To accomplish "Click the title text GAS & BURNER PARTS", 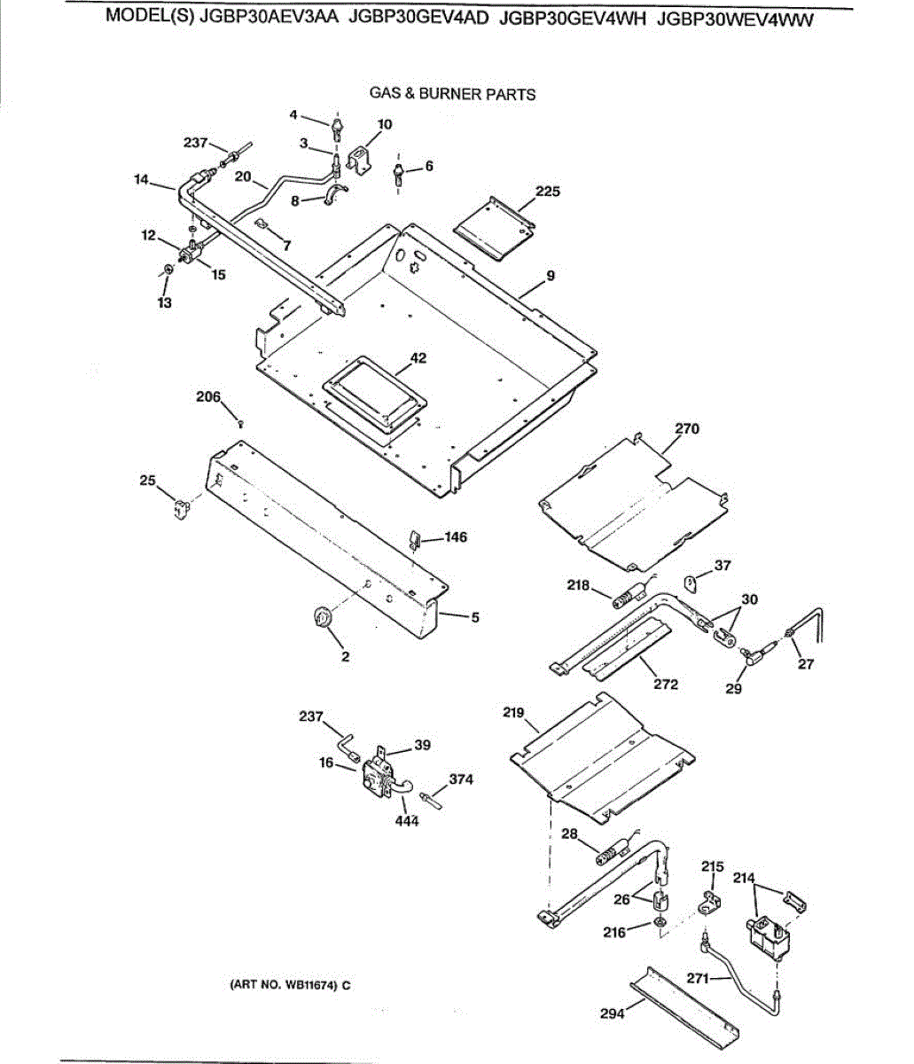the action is click(x=452, y=94).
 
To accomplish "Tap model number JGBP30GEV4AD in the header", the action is click(x=418, y=18).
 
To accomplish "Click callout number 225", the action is click(x=548, y=192).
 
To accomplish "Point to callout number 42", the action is click(x=418, y=357).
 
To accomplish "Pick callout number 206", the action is click(x=208, y=397).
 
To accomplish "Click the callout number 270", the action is click(x=687, y=428).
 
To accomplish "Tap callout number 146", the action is click(x=456, y=537).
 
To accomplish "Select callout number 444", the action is click(x=407, y=821).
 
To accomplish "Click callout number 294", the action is click(x=613, y=1013).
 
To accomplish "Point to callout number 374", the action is click(x=461, y=779).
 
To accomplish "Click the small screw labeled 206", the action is click(x=241, y=424).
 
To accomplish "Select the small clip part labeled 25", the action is click(x=181, y=508).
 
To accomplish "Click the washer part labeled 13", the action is click(x=167, y=269).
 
